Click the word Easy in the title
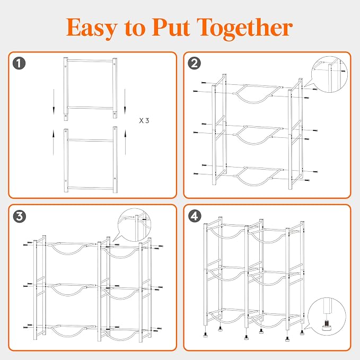[x=92, y=28]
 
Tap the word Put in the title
[x=171, y=27]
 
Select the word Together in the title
[x=244, y=29]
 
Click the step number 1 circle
[x=19, y=64]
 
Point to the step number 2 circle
[x=194, y=64]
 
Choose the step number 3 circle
[x=19, y=216]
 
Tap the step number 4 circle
[x=195, y=216]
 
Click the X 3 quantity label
[x=144, y=120]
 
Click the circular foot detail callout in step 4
[x=327, y=316]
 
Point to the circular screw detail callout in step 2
[x=329, y=74]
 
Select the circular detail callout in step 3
[x=135, y=225]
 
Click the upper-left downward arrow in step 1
[x=54, y=102]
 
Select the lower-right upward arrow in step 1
[x=125, y=142]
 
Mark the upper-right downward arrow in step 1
[x=125, y=102]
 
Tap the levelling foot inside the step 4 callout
[x=326, y=326]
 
